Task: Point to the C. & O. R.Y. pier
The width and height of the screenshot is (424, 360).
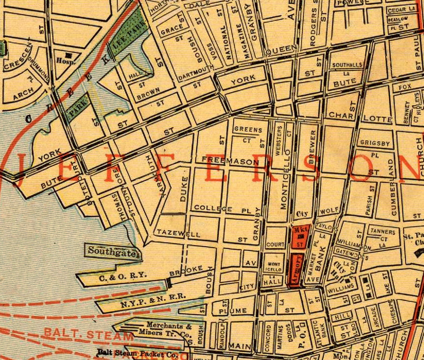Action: coord(118,276)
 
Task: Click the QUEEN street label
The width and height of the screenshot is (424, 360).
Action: coord(281,48)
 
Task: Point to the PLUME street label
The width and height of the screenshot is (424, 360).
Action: coord(233,311)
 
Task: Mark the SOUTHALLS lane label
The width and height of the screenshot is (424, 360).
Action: coord(347,65)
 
